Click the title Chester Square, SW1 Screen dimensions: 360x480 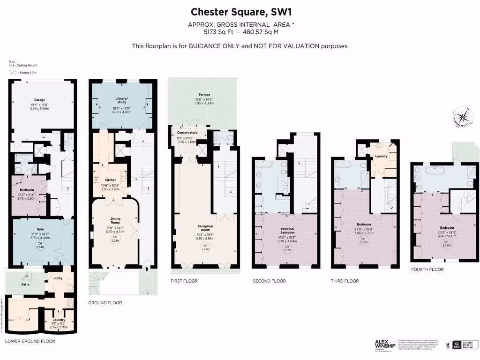[240, 11]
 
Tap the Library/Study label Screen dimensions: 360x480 [121, 100]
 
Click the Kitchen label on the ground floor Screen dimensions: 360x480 [111, 180]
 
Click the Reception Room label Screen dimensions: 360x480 [204, 228]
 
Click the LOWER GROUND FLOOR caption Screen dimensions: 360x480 [30, 341]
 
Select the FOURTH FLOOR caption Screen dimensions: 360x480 [427, 270]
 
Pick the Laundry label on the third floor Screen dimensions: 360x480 [381, 156]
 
